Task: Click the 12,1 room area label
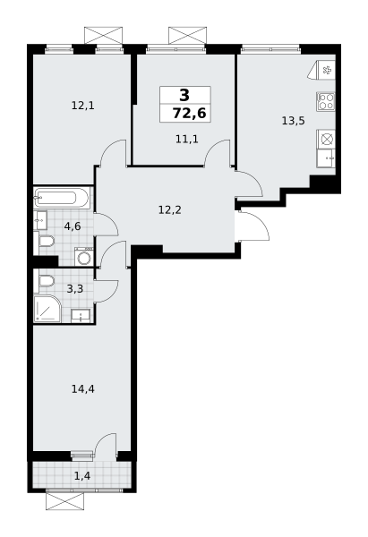click(82, 106)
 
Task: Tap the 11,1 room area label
click(187, 140)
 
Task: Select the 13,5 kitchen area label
click(294, 121)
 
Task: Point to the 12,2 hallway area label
click(169, 210)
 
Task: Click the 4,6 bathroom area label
click(73, 226)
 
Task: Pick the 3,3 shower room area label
click(75, 289)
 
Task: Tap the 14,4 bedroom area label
click(83, 389)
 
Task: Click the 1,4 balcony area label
click(82, 476)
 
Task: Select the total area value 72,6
click(189, 113)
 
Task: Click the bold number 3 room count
click(184, 95)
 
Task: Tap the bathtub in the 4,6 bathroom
click(62, 198)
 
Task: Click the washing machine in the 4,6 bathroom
click(84, 257)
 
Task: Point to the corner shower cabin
click(47, 309)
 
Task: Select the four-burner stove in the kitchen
click(326, 101)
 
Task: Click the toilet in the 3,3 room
click(45, 282)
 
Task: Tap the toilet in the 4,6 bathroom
click(45, 242)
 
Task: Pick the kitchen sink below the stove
click(326, 158)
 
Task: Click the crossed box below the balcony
click(64, 501)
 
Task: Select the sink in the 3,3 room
click(81, 316)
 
